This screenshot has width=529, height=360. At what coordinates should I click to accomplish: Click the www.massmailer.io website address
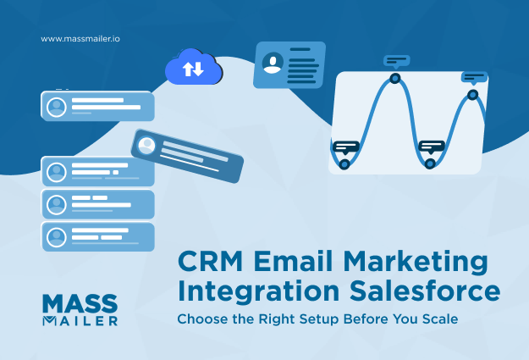[x=80, y=38]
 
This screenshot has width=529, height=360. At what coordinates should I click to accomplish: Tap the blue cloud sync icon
[x=193, y=68]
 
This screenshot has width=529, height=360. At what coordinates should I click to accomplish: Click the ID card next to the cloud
[x=289, y=64]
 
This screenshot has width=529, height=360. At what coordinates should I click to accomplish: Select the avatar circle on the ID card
[x=273, y=62]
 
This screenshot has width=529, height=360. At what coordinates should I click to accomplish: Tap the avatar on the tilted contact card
[x=146, y=143]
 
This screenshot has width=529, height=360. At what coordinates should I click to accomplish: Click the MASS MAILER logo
[x=80, y=309]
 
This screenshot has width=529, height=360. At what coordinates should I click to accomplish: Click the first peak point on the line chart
[x=394, y=79]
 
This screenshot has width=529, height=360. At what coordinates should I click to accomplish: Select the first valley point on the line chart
[x=344, y=163]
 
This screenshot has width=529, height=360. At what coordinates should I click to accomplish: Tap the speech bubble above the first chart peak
[x=396, y=61]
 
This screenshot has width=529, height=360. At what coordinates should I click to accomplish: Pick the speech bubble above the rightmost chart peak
[x=474, y=77]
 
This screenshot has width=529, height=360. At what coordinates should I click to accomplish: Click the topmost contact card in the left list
[x=97, y=106]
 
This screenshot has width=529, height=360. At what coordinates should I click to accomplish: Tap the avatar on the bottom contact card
[x=57, y=236]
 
